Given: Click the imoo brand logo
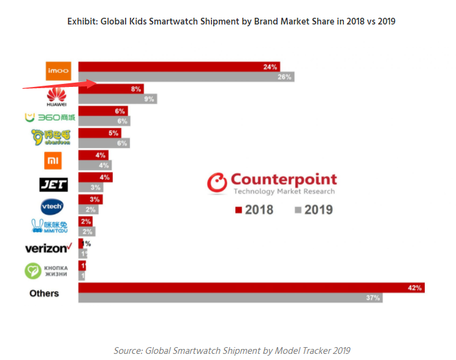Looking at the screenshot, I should click(x=59, y=71).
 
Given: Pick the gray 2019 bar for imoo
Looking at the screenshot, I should click(x=186, y=77).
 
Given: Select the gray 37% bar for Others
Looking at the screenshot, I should click(x=230, y=298).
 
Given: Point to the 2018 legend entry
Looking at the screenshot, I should click(x=254, y=209).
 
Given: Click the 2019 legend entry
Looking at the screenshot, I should click(x=313, y=209).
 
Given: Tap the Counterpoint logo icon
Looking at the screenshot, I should click(x=216, y=182).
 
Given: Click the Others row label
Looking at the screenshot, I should click(x=44, y=293).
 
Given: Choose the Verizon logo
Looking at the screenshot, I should click(x=48, y=248).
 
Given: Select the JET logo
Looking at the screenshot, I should click(x=53, y=184).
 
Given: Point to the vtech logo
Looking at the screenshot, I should click(x=51, y=206).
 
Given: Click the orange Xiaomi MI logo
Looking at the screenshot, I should click(x=54, y=160).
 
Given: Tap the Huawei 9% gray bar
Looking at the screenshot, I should click(x=117, y=99).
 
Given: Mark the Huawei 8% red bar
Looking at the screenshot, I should click(x=111, y=89).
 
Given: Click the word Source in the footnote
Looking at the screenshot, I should click(x=127, y=350).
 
